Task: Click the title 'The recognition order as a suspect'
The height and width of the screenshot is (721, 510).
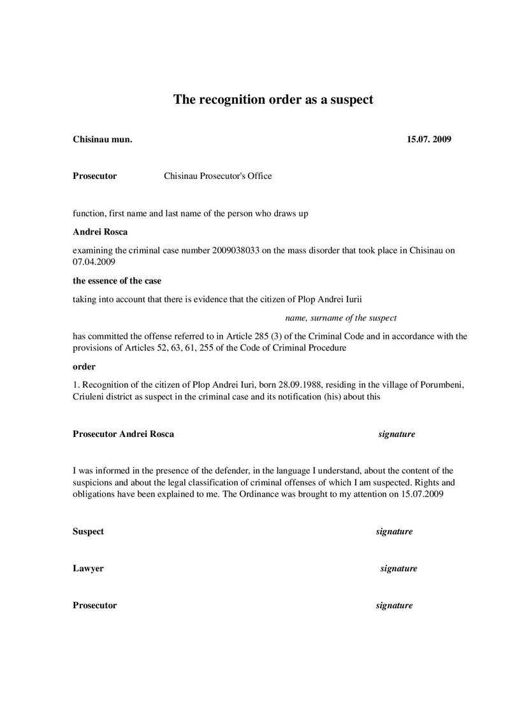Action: (x=273, y=99)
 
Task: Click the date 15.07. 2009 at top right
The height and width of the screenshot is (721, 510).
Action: (x=428, y=139)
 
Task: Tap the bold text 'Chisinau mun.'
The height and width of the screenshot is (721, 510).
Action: (x=103, y=139)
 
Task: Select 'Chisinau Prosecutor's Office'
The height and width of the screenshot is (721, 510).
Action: (x=218, y=176)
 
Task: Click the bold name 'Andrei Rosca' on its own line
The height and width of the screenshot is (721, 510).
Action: (x=100, y=232)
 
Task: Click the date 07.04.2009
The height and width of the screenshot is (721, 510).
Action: (x=94, y=262)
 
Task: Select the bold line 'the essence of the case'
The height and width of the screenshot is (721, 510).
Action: (x=117, y=280)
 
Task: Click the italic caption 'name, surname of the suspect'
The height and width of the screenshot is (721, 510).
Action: (x=340, y=317)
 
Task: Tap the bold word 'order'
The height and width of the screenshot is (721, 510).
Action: (x=84, y=366)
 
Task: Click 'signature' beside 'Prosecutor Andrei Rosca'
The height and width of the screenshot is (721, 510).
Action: (x=397, y=434)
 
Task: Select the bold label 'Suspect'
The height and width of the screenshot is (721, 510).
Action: (x=88, y=531)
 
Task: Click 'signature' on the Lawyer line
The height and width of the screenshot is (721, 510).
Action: (x=398, y=568)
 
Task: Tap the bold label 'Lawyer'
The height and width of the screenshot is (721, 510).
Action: (x=88, y=568)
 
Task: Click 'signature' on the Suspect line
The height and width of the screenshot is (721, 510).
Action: (x=394, y=531)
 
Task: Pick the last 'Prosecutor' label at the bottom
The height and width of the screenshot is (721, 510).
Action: (x=95, y=605)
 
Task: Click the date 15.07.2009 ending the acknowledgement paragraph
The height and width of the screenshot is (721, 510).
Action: (x=421, y=494)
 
